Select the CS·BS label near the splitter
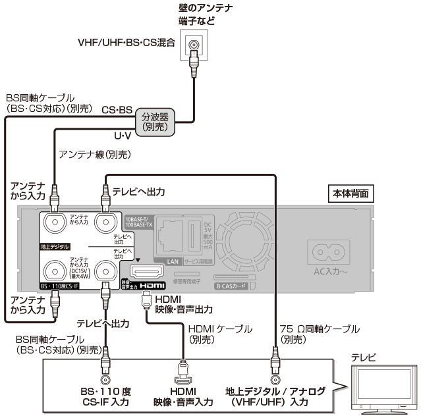(x=117, y=112)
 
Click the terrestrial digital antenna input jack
(x=58, y=225)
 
